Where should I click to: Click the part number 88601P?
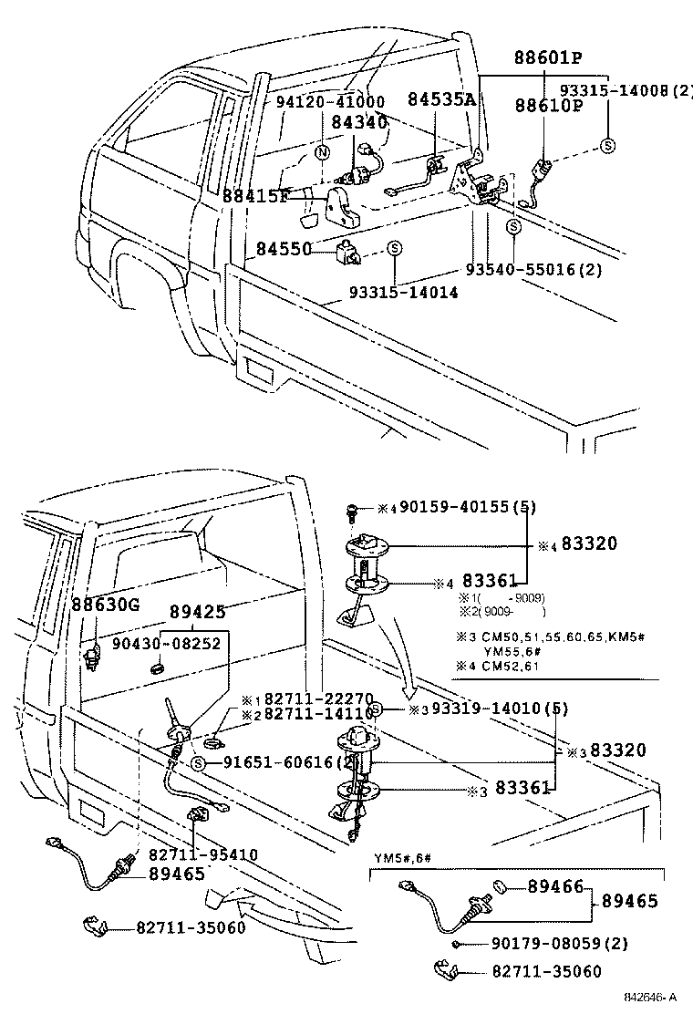pos(535,58)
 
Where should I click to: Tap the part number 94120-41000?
pos(329,102)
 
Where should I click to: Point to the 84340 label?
pos(358,121)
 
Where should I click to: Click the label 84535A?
pos(441,99)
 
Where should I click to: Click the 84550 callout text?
pos(283,248)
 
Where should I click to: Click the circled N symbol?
pos(322,152)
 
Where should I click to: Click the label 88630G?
pos(107,604)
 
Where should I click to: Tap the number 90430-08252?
pos(166,642)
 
